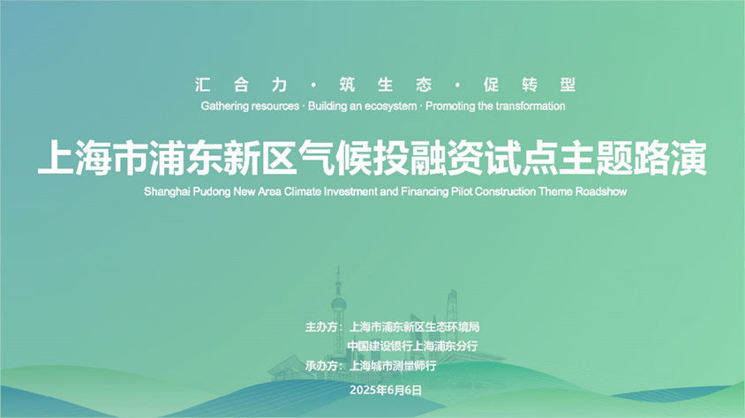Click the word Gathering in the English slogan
223,107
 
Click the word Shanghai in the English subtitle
167,191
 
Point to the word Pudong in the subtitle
212,191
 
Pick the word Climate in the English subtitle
302,191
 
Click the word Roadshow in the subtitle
601,191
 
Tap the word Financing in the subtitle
425,191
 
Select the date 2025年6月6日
386,391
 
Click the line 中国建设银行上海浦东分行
412,346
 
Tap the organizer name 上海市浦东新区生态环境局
414,327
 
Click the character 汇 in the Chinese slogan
202,85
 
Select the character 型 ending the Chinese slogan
568,85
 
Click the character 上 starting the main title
56,158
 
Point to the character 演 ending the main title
689,158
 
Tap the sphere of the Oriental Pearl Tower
338,304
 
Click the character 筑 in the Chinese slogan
347,85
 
